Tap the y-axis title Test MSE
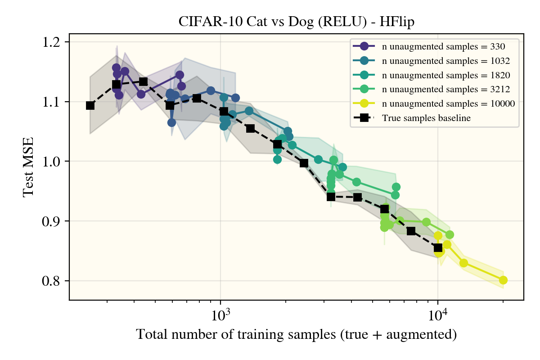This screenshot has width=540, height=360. (28, 167)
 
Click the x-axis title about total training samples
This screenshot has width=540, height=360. (297, 334)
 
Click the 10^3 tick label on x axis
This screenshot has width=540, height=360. (220, 314)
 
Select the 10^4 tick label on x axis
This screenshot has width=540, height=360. (438, 314)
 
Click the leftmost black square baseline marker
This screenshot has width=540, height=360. (90, 105)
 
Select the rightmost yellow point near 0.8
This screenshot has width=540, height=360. (503, 280)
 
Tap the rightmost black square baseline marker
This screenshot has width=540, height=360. (438, 247)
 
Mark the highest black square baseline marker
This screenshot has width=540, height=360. (143, 81)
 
